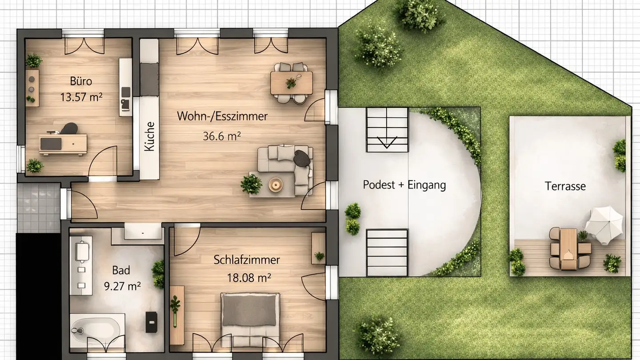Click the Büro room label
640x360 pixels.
pyautogui.click(x=81, y=81)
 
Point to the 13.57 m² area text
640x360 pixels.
pyautogui.click(x=81, y=96)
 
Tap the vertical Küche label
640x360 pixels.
pyautogui.click(x=150, y=136)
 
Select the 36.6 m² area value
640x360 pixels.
pyautogui.click(x=222, y=136)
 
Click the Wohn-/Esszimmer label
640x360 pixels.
pyautogui.click(x=222, y=116)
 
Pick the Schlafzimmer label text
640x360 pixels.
pyautogui.click(x=247, y=260)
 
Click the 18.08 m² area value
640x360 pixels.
pyautogui.click(x=249, y=278)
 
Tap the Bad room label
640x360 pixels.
pyautogui.click(x=121, y=270)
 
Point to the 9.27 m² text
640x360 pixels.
pyautogui.click(x=122, y=286)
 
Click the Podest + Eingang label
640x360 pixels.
pyautogui.click(x=404, y=185)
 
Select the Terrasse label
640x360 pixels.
pyautogui.click(x=565, y=186)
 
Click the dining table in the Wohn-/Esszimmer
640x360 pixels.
pyautogui.click(x=291, y=83)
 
